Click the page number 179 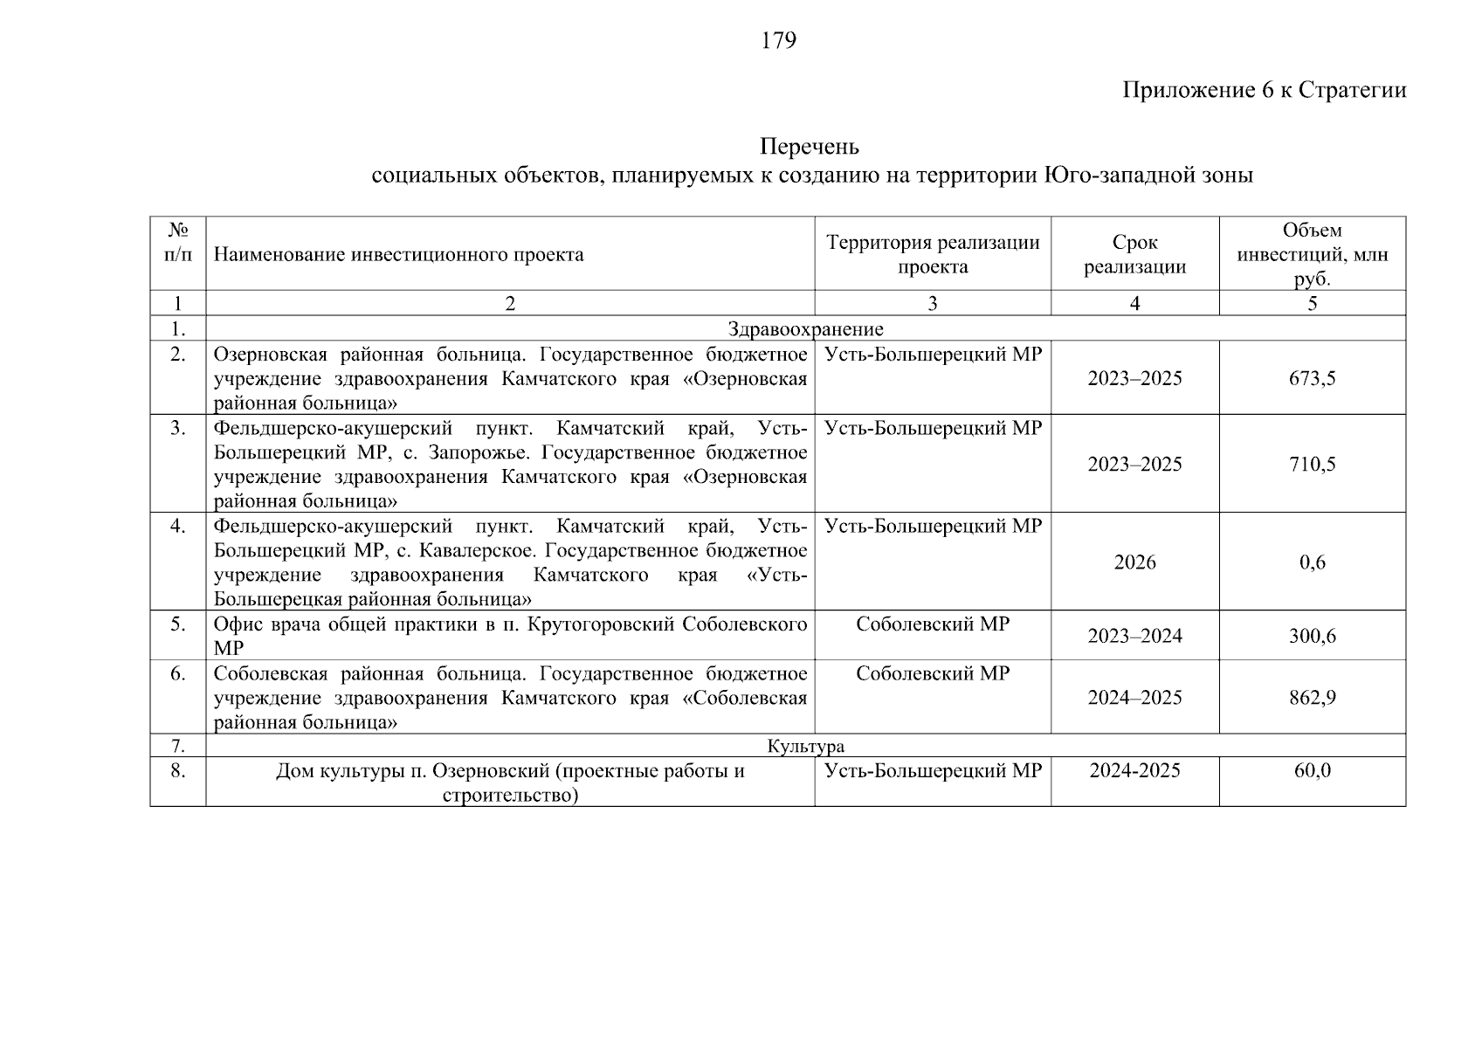pyautogui.click(x=778, y=41)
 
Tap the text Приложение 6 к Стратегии pyautogui.click(x=1264, y=90)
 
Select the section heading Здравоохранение pyautogui.click(x=805, y=329)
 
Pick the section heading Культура pyautogui.click(x=805, y=746)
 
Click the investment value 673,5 pyautogui.click(x=1312, y=378)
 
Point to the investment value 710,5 pyautogui.click(x=1312, y=464)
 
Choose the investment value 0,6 pyautogui.click(x=1312, y=562)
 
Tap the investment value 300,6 pyautogui.click(x=1312, y=636)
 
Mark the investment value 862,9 pyautogui.click(x=1312, y=698)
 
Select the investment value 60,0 pyautogui.click(x=1312, y=770)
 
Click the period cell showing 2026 pyautogui.click(x=1134, y=562)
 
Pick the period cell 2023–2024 pyautogui.click(x=1134, y=636)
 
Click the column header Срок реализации pyautogui.click(x=1134, y=254)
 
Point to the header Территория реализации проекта pyautogui.click(x=933, y=254)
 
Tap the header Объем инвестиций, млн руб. pyautogui.click(x=1312, y=254)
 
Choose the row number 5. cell pyautogui.click(x=178, y=624)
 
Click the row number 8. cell pyautogui.click(x=178, y=770)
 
